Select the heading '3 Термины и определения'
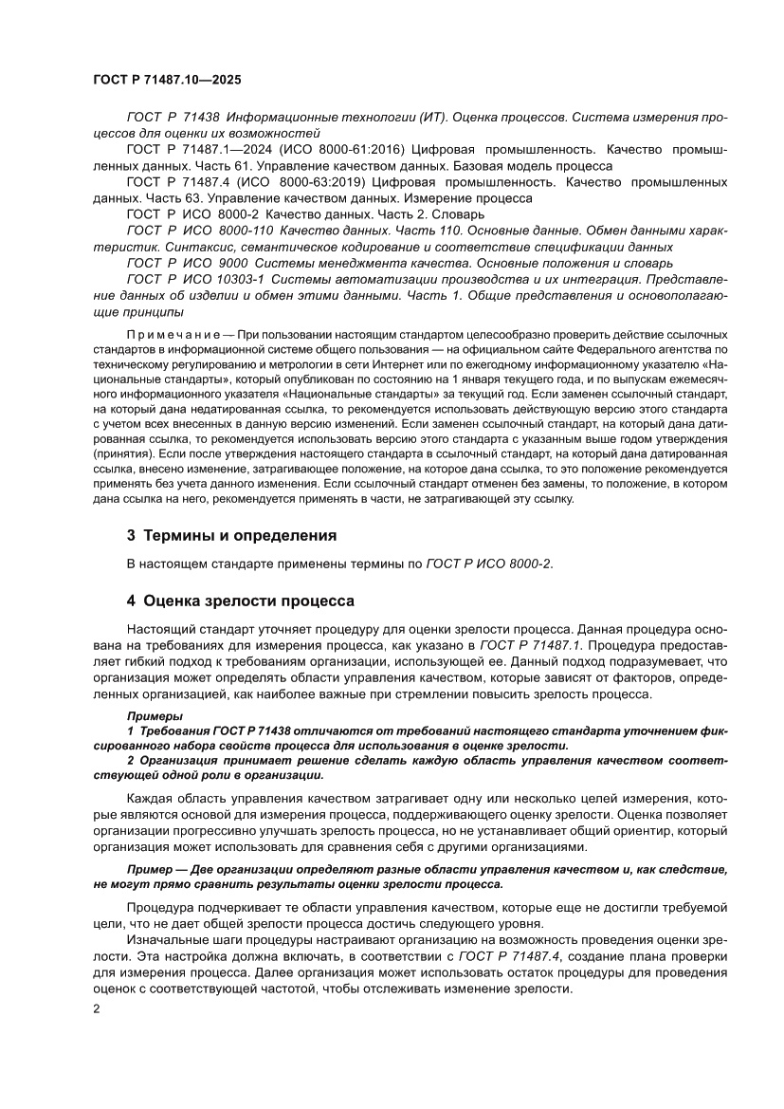(x=231, y=535)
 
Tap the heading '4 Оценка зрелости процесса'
(x=241, y=601)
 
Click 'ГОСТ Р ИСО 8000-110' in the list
(x=199, y=231)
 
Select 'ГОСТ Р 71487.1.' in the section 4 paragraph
(x=529, y=645)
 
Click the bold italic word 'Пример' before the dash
(x=149, y=869)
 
